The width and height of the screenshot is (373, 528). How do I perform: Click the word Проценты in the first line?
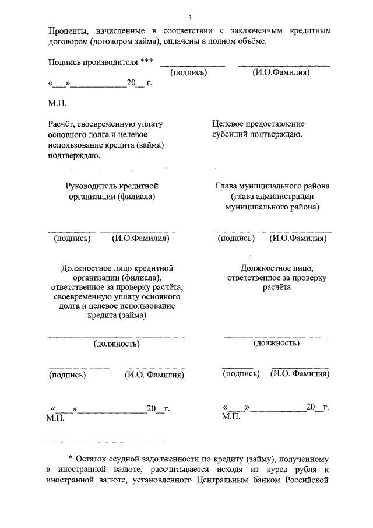68,30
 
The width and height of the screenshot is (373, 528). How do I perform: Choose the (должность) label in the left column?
117,344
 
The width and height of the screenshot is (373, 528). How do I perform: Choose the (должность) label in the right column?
276,343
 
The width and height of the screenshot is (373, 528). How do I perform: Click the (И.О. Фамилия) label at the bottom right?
300,374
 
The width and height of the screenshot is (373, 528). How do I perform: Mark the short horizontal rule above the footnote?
105,442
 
